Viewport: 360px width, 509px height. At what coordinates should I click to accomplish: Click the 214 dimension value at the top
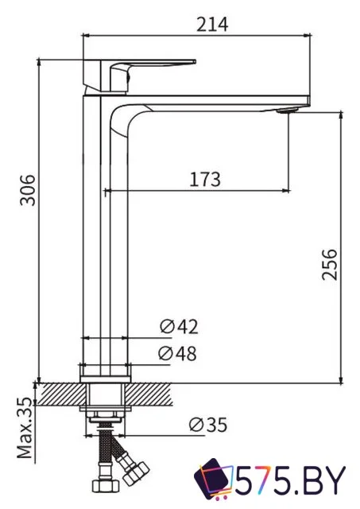[212, 25]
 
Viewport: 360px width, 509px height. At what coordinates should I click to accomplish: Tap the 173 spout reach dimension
[203, 180]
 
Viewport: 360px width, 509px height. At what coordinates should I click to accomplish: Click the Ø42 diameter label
[179, 326]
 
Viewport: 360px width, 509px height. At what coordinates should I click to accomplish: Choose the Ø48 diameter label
[179, 353]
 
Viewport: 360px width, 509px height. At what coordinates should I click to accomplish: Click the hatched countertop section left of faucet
[60, 391]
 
